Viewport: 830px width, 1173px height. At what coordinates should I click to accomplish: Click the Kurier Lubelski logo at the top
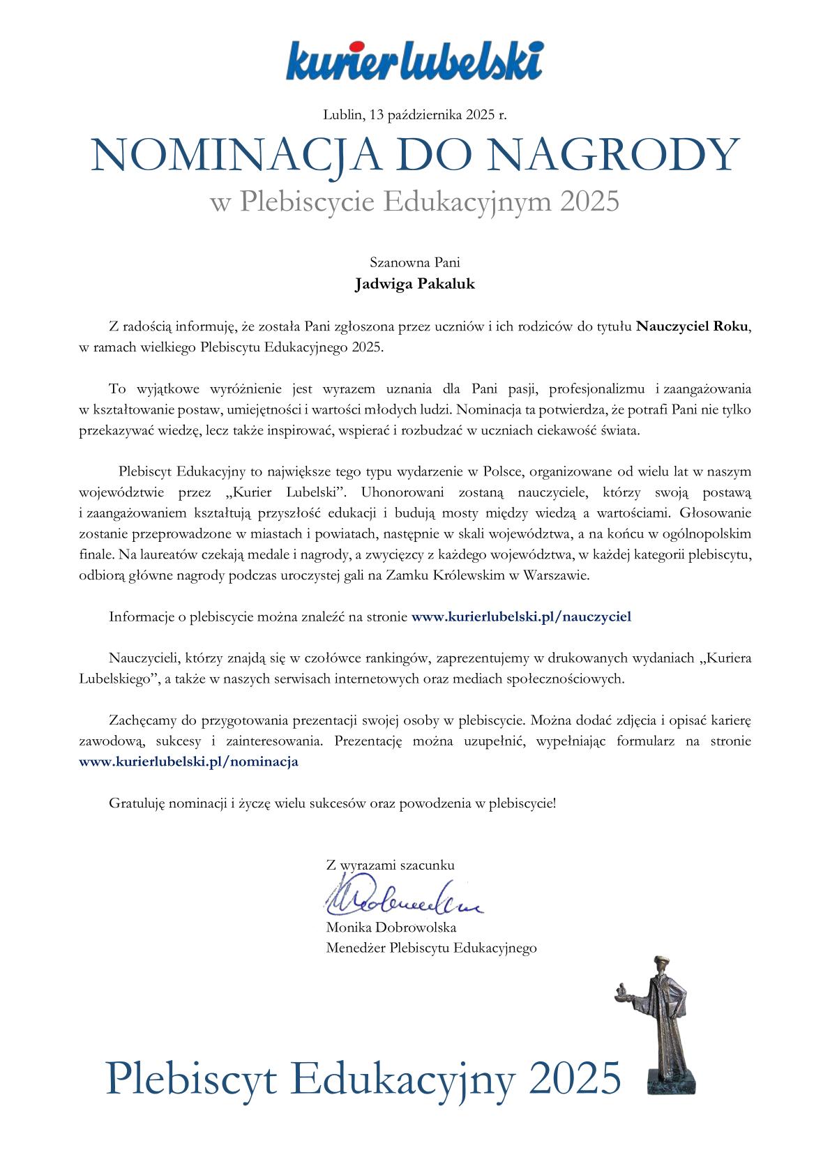click(x=414, y=60)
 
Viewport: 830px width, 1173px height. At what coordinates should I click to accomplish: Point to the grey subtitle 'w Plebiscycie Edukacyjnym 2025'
click(x=414, y=202)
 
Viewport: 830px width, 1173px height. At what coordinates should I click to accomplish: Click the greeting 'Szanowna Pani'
click(x=414, y=263)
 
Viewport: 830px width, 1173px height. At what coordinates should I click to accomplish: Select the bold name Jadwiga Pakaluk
click(x=414, y=284)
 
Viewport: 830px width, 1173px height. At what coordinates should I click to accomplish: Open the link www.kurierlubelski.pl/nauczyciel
click(x=521, y=616)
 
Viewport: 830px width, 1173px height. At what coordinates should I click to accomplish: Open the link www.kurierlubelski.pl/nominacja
click(x=189, y=762)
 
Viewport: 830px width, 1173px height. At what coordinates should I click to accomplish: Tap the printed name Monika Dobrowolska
click(x=391, y=928)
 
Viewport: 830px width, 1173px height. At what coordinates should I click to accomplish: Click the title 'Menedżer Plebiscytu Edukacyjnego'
click(x=431, y=948)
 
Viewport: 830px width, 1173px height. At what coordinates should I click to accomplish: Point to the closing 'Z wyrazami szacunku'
click(x=390, y=865)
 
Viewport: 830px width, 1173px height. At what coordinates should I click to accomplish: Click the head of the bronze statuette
click(x=658, y=966)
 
